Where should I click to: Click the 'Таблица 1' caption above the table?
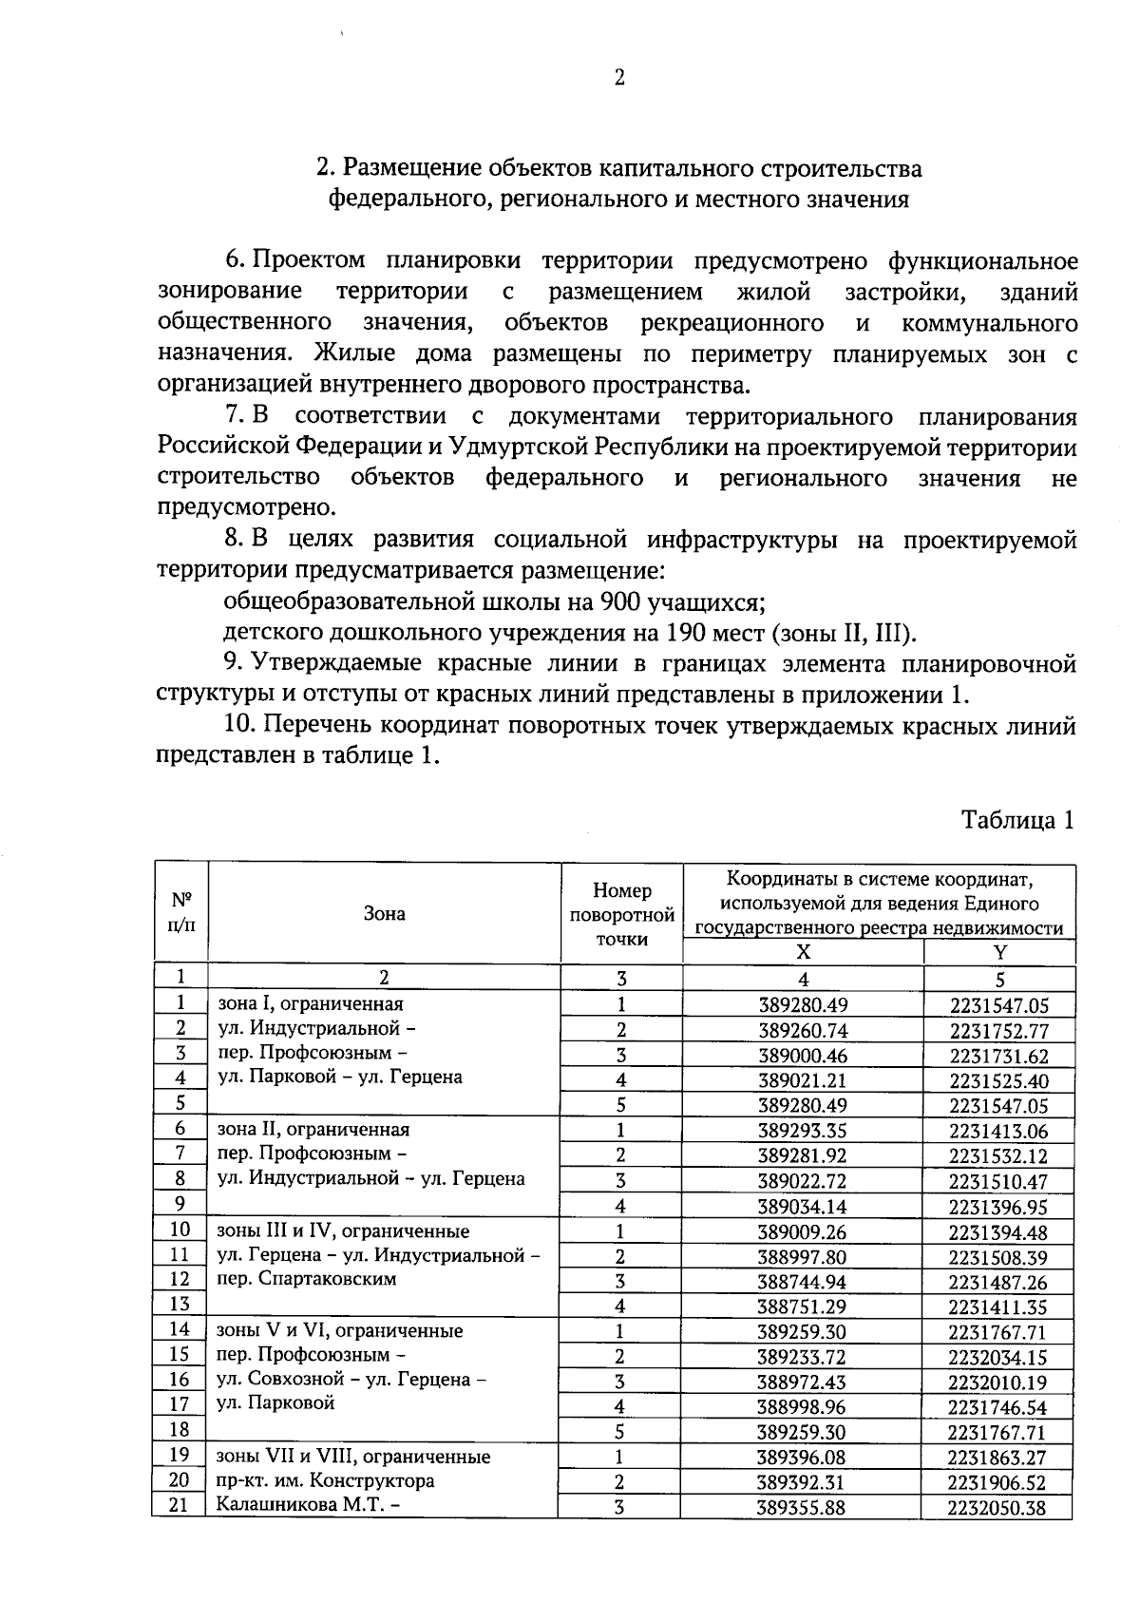1017,820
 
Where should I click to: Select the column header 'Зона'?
384,913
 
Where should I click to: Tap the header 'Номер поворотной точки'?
621,914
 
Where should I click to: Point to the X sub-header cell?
803,952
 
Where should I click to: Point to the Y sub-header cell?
999,952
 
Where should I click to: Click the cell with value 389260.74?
803,1030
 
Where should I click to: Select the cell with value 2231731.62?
999,1056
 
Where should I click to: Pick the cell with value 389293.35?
803,1131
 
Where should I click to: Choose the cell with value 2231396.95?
999,1207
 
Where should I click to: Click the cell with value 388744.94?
803,1282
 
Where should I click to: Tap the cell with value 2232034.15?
999,1357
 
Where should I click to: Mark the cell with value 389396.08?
803,1458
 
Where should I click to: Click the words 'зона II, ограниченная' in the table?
313,1130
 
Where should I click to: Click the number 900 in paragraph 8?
617,602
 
